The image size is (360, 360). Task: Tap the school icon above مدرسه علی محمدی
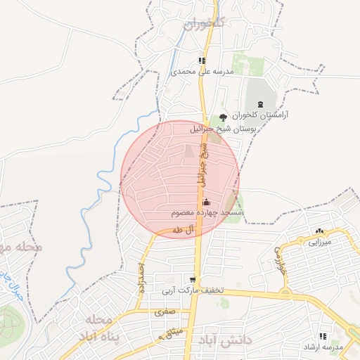pos(202,60)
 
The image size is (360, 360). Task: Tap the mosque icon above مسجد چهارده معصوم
pos(205,202)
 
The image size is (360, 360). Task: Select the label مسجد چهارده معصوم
pos(207,212)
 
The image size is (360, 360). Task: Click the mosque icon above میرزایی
pos(321,231)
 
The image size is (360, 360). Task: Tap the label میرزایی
pos(324,242)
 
